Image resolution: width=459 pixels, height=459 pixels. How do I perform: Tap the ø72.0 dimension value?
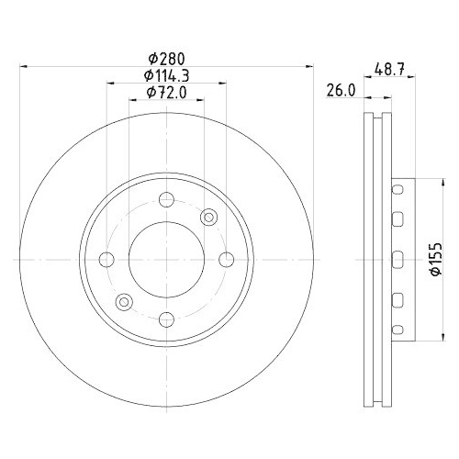166,93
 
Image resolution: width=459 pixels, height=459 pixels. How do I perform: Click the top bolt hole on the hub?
166,198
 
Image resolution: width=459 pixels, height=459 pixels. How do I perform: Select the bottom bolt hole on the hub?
166,318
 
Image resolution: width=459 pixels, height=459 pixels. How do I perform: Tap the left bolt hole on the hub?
106,258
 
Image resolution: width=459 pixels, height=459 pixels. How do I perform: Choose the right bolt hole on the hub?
226,258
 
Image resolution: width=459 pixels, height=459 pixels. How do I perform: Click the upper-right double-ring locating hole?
208,217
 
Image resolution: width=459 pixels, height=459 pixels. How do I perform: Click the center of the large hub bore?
166,258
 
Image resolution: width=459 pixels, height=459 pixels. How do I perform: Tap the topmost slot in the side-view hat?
397,189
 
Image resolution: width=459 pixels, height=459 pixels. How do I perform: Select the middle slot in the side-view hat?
397,258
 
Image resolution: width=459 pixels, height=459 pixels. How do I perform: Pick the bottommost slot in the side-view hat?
397,327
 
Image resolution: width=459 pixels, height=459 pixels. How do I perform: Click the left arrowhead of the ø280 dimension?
22,66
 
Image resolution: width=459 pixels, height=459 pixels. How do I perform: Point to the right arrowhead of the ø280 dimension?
310,66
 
